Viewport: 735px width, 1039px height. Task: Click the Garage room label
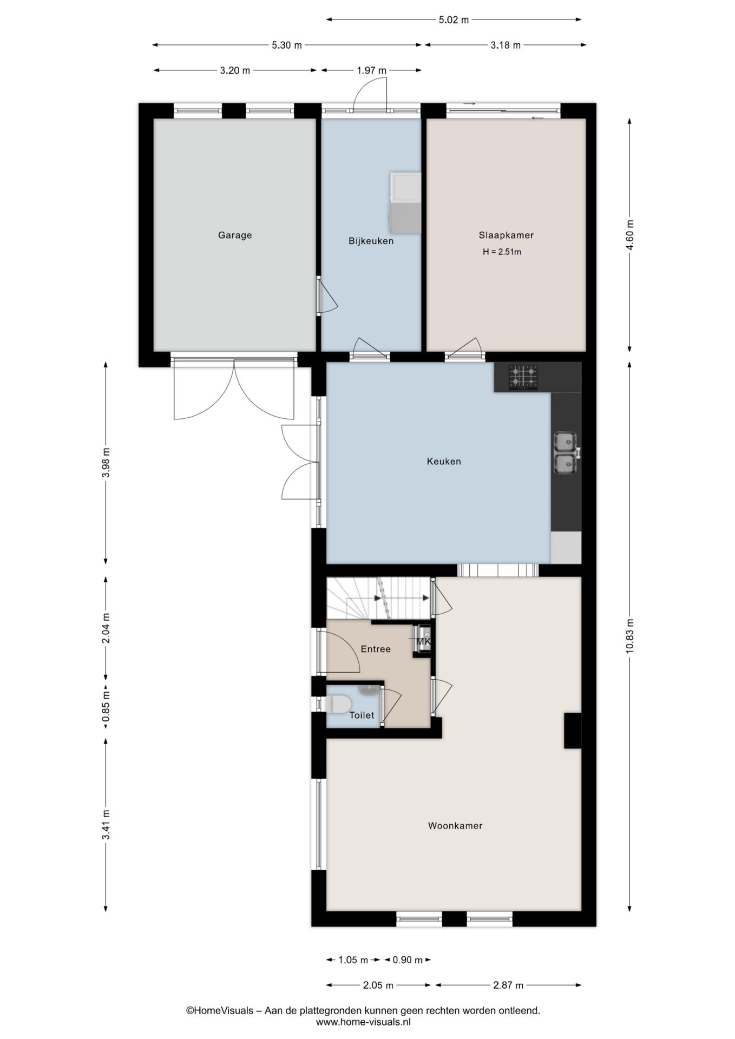pos(235,235)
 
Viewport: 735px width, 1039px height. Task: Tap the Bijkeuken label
pos(371,241)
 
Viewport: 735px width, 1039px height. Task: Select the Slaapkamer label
pos(506,235)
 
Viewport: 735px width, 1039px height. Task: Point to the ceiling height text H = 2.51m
pos(502,252)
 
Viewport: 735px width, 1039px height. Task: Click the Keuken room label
pos(444,461)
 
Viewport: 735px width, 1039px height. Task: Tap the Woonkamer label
pos(455,826)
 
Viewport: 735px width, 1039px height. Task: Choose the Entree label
pos(376,649)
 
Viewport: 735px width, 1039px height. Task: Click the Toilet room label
pos(362,715)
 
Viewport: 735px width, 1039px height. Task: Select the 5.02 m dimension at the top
pos(454,20)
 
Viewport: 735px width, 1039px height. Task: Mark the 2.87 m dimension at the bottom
pos(508,985)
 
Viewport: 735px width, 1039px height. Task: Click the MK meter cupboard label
pos(424,641)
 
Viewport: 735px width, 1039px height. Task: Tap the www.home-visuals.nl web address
pos(363,1022)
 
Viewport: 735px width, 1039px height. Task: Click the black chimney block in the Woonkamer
pos(573,731)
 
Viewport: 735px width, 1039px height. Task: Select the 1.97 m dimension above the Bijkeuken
pos(371,70)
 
